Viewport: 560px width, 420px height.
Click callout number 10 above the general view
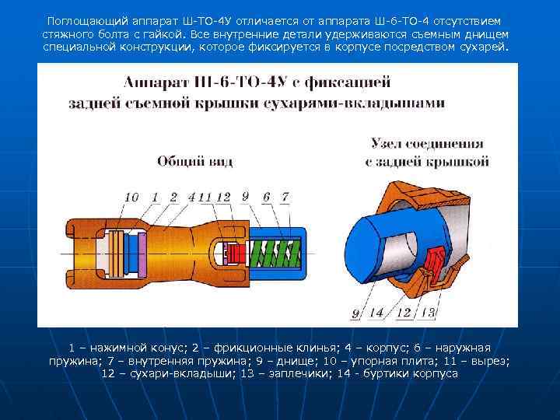coord(131,198)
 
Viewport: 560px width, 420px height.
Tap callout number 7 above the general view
coord(285,198)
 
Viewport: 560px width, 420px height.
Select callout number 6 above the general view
coord(266,198)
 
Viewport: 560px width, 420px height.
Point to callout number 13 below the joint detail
coord(427,313)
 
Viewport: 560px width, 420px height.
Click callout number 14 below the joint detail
coord(376,313)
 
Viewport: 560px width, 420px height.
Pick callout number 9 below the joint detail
coord(355,313)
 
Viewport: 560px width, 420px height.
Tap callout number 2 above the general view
coord(173,198)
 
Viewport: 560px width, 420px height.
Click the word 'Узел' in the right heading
coord(388,144)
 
